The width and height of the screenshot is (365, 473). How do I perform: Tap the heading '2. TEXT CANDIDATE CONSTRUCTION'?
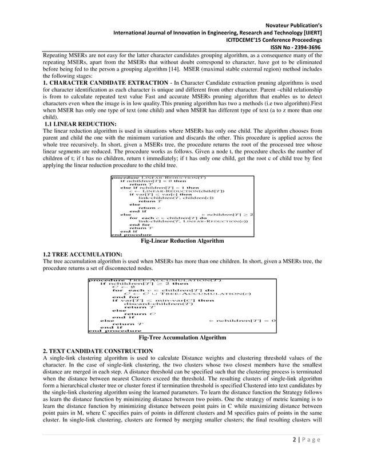pyautogui.click(x=98, y=350)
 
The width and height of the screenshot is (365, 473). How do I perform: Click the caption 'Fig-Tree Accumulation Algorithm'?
pyautogui.click(x=182, y=338)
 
